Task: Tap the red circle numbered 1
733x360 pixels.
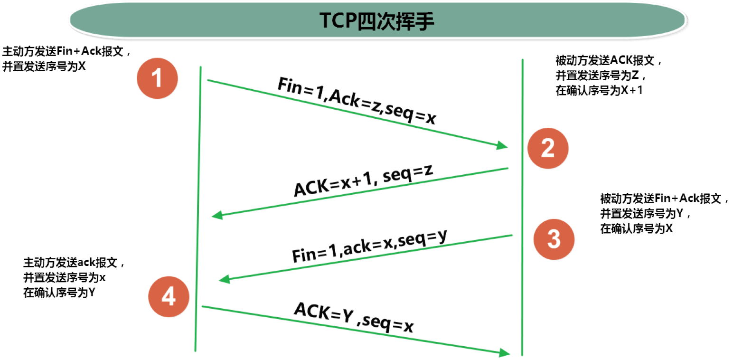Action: (157, 78)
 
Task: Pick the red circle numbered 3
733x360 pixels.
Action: (554, 239)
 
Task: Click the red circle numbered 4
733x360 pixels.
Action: (169, 297)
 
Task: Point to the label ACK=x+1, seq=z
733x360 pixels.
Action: (364, 180)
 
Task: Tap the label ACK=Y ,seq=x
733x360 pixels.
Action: (354, 316)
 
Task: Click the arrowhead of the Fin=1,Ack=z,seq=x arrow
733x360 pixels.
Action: (502, 146)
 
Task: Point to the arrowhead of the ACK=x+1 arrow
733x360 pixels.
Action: (217, 215)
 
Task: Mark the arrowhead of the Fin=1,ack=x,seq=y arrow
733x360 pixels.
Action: (224, 279)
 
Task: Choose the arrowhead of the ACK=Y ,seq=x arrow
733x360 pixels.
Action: (504, 352)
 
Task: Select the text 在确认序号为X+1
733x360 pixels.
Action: (599, 91)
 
